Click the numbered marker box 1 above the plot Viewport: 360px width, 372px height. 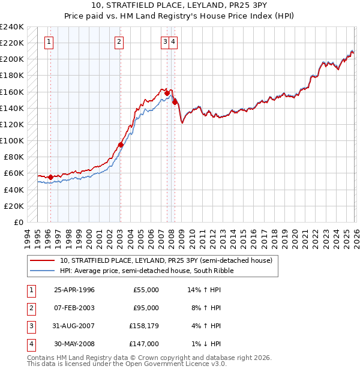(48, 42)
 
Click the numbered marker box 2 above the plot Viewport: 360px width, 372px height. (119, 42)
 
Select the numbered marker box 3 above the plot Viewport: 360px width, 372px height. (164, 42)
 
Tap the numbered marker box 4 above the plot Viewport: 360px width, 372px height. (173, 42)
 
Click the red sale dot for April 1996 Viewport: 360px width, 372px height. (50, 177)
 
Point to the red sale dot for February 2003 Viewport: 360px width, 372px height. (121, 145)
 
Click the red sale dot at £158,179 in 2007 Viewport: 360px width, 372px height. (167, 93)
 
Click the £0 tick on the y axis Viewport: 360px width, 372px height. (19, 222)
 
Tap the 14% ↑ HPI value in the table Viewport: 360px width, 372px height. (204, 290)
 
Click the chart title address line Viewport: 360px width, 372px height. (180, 6)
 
